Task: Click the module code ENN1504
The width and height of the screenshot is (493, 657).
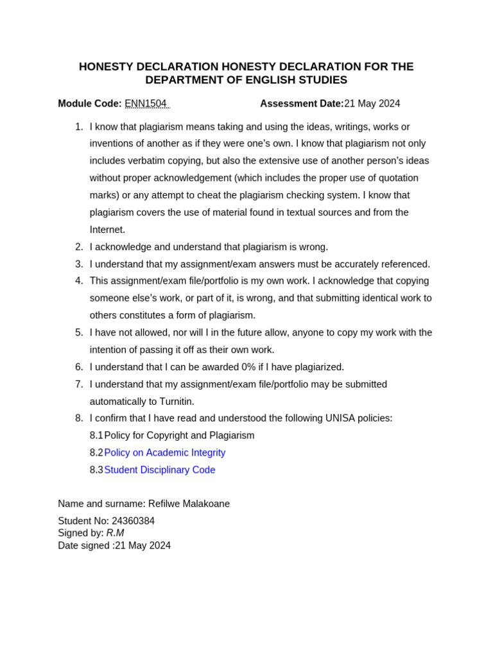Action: pos(146,104)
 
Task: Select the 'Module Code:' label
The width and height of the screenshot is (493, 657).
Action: pos(90,104)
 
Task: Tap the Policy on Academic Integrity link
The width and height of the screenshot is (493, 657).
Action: pos(165,453)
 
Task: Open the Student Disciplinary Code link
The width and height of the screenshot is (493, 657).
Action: pos(160,470)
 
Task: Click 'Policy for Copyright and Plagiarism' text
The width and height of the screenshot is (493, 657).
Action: pos(179,436)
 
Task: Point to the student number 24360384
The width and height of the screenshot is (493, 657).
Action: pos(133,521)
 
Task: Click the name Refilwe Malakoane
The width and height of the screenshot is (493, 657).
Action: pos(189,504)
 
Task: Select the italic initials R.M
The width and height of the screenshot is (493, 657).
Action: pos(116,533)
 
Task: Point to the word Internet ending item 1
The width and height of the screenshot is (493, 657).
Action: pos(107,230)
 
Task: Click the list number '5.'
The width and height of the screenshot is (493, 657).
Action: pos(79,332)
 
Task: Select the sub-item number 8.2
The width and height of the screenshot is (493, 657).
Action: pos(96,453)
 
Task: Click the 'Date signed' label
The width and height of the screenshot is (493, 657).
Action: pos(83,546)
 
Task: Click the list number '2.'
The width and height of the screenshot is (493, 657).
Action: pos(79,247)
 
